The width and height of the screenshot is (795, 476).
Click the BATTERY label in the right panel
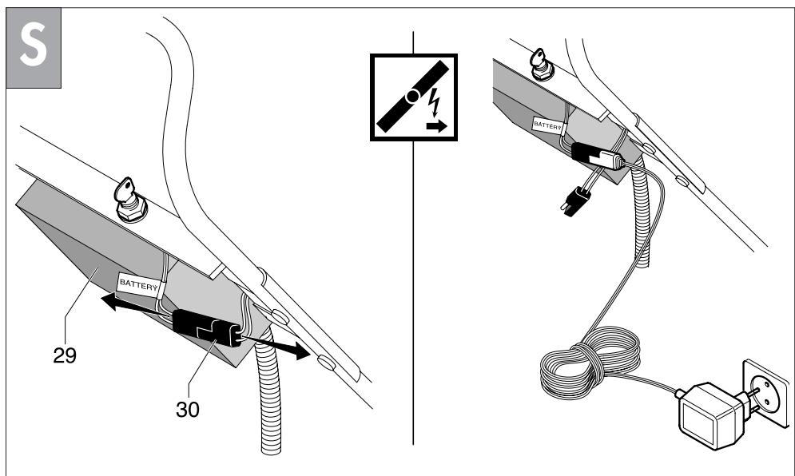pyautogui.click(x=550, y=125)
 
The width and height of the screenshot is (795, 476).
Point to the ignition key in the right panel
pyautogui.click(x=543, y=62)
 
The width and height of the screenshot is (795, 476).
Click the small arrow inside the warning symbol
pyautogui.click(x=436, y=125)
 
